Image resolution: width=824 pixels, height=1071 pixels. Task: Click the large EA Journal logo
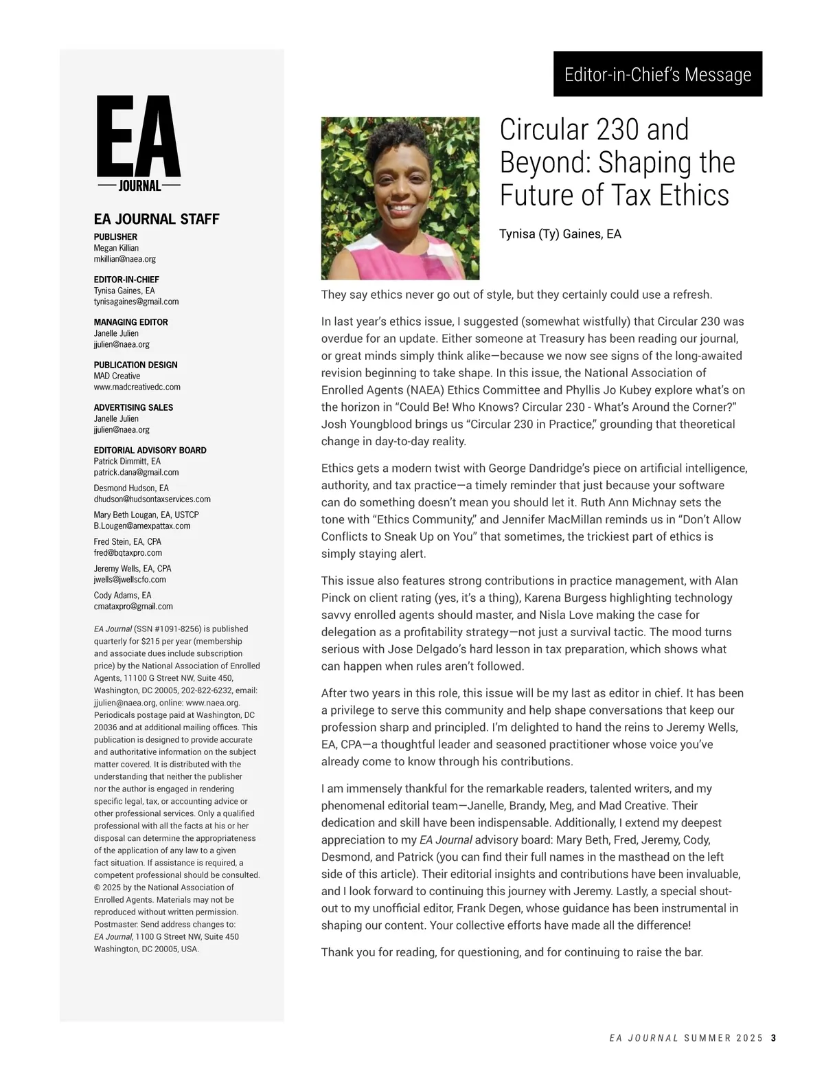point(139,144)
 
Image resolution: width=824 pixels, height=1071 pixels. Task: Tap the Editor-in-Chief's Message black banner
point(657,74)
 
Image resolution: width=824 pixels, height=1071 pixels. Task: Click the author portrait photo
point(400,198)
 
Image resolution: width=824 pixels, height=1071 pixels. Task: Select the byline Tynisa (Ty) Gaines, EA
point(560,234)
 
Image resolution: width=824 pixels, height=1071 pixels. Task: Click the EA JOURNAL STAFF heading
point(157,219)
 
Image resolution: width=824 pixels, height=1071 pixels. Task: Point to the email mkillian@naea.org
point(125,259)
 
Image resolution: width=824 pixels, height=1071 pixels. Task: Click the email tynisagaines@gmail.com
point(136,302)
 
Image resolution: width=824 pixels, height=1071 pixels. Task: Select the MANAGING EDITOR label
point(130,322)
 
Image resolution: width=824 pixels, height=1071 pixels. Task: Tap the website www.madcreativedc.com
point(137,387)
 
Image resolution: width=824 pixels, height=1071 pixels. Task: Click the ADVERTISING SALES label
point(133,407)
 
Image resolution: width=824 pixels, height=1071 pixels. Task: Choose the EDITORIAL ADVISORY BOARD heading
point(150,450)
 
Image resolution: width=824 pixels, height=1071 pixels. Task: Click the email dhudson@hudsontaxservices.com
point(152,499)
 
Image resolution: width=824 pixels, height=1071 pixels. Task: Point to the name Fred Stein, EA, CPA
point(128,541)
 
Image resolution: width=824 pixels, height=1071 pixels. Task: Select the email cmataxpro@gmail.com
point(133,607)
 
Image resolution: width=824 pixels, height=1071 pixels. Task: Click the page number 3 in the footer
point(773,1038)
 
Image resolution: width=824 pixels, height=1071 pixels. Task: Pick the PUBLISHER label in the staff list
point(115,237)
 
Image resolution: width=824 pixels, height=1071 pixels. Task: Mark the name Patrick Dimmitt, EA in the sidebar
point(127,461)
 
